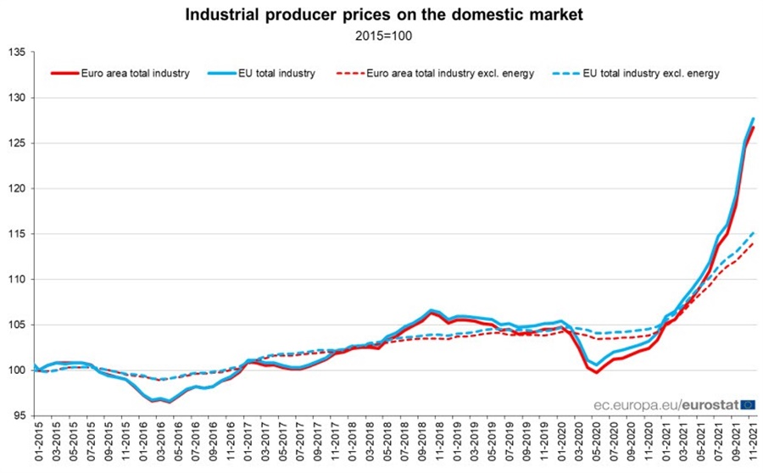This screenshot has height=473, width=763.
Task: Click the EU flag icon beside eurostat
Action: point(748,405)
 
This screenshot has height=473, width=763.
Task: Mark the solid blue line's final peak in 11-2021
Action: point(753,119)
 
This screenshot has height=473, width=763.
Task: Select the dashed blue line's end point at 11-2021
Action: point(753,232)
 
